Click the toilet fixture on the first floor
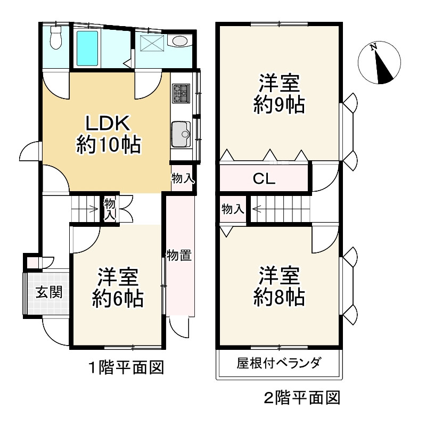pyautogui.click(x=56, y=37)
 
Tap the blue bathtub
pyautogui.click(x=87, y=48)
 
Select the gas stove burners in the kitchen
pyautogui.click(x=181, y=93)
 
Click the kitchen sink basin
pyautogui.click(x=181, y=134)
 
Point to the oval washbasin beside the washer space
pyautogui.click(x=180, y=42)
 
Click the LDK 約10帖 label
pyautogui.click(x=109, y=134)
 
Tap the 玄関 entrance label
pyautogui.click(x=49, y=292)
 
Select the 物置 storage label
pyautogui.click(x=179, y=255)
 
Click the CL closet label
pyautogui.click(x=264, y=178)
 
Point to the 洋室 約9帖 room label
pyautogui.click(x=279, y=94)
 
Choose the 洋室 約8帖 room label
pyautogui.click(x=279, y=286)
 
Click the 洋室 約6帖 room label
pyautogui.click(x=118, y=288)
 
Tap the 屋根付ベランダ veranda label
pyautogui.click(x=279, y=363)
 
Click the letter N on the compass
pyautogui.click(x=374, y=47)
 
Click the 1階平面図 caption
pyautogui.click(x=127, y=367)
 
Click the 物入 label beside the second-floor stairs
pyautogui.click(x=233, y=209)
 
